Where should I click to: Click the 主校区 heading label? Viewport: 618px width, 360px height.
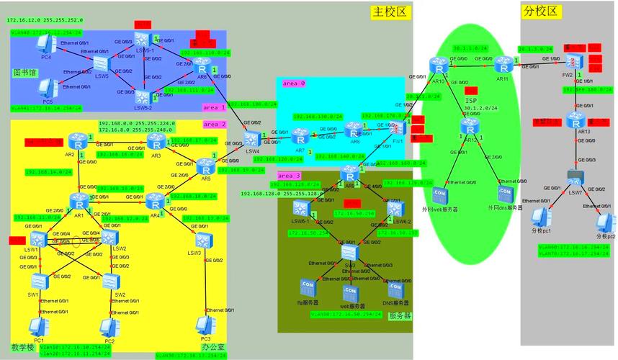tap(390, 12)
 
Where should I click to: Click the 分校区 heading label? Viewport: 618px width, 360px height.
tap(541, 12)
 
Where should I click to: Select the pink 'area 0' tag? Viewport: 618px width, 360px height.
tap(293, 84)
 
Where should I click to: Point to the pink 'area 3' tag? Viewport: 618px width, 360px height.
tap(290, 176)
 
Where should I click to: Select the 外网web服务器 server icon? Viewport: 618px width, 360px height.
tap(439, 194)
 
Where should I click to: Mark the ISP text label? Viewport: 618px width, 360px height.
tap(470, 101)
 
